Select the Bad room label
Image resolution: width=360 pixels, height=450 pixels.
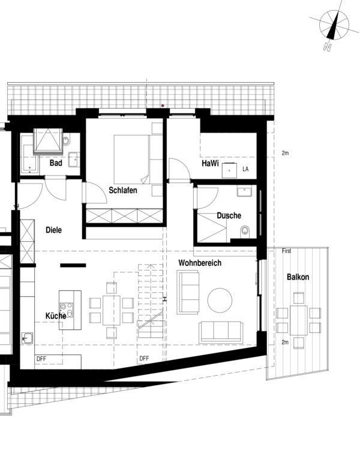tap(56, 163)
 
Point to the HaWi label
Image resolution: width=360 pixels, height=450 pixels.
tap(210, 163)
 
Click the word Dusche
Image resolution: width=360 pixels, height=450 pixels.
tap(229, 215)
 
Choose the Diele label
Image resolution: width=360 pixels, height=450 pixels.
tap(53, 230)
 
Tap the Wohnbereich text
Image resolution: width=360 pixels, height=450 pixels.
tap(200, 263)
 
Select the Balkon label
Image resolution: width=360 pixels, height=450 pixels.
tap(298, 277)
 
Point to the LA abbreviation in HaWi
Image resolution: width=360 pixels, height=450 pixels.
tap(245, 170)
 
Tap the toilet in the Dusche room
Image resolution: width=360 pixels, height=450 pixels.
tap(244, 232)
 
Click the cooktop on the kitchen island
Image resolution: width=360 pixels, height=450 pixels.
tap(70, 313)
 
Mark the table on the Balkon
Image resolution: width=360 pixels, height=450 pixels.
tap(298, 314)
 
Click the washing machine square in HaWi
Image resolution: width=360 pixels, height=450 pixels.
tap(229, 170)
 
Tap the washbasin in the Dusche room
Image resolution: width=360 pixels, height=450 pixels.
tap(244, 192)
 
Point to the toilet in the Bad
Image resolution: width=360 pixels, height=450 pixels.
tap(67, 141)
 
